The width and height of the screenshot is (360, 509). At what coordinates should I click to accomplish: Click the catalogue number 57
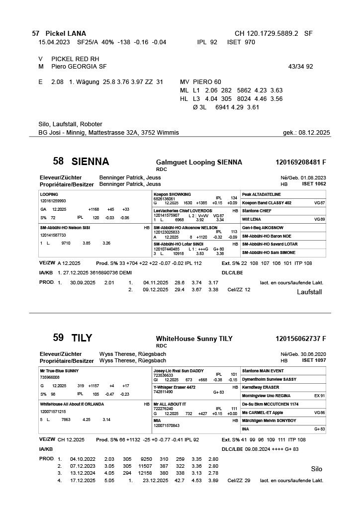pyautogui.click(x=35, y=33)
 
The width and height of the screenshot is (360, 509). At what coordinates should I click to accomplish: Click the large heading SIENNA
pyautogui.click(x=90, y=162)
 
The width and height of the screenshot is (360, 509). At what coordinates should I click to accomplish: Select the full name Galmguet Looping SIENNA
pyautogui.click(x=199, y=162)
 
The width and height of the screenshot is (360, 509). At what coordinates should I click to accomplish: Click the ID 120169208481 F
pyautogui.click(x=300, y=162)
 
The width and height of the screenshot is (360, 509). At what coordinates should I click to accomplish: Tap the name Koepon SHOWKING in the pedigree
pyautogui.click(x=172, y=194)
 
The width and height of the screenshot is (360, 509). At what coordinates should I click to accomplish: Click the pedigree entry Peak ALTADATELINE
pyautogui.click(x=261, y=194)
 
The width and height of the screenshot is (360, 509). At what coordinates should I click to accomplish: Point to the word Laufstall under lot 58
pyautogui.click(x=309, y=292)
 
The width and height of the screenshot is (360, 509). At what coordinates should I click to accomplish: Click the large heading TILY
pyautogui.click(x=82, y=338)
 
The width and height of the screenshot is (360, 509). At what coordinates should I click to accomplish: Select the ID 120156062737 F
pyautogui.click(x=300, y=339)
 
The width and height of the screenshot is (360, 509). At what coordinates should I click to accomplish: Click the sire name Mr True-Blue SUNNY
pyautogui.click(x=59, y=371)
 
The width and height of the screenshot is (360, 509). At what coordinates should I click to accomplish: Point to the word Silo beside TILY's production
pyautogui.click(x=316, y=469)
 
